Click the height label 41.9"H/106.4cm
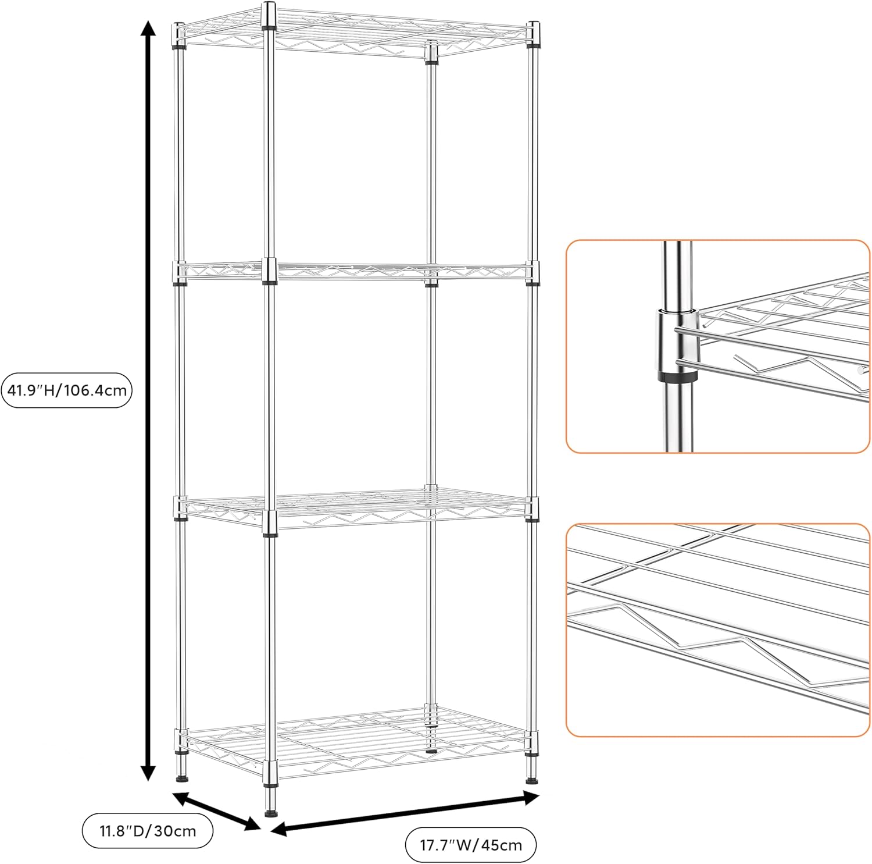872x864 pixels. click(x=67, y=390)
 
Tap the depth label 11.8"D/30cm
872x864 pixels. click(x=148, y=831)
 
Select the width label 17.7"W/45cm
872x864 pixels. click(x=470, y=844)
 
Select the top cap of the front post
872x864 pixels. click(x=269, y=8)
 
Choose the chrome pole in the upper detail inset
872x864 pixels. click(x=676, y=273)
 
